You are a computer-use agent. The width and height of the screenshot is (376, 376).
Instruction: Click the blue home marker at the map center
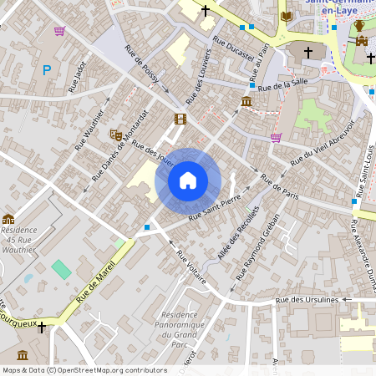click(x=188, y=180)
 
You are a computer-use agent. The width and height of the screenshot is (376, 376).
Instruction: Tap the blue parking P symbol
click(x=47, y=71)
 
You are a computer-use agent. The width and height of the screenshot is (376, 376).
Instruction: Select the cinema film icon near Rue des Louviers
click(x=180, y=119)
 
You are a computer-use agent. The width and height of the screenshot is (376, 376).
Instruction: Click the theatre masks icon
click(x=116, y=134)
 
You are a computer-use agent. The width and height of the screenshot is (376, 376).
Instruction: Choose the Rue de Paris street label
click(x=280, y=186)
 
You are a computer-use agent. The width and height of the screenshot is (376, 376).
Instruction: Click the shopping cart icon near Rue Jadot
click(x=59, y=31)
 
